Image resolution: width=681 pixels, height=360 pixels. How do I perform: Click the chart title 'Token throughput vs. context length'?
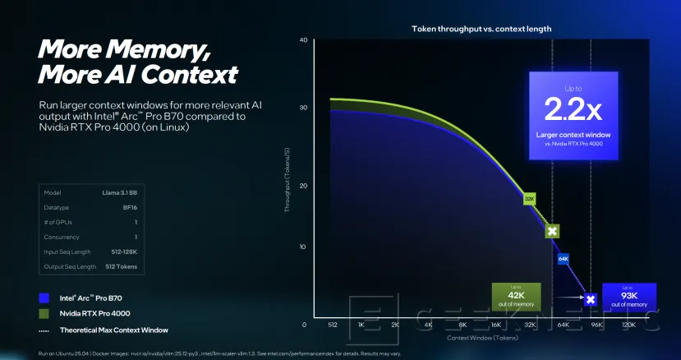point(481,29)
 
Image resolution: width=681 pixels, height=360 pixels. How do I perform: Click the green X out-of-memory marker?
point(553,232)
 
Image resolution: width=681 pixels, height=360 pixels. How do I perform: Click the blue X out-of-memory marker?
point(590,300)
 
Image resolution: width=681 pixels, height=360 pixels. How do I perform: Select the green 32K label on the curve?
point(530,198)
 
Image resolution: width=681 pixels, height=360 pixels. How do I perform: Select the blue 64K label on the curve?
point(564,259)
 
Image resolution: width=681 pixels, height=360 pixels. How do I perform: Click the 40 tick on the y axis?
point(303,40)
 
